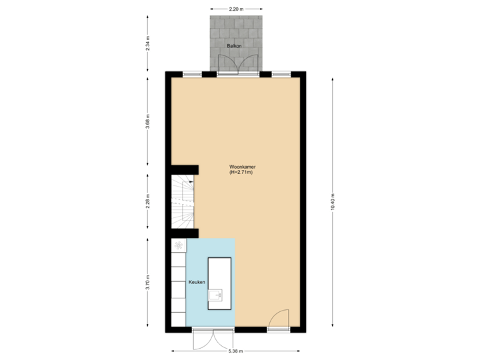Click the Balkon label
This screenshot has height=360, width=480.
233,46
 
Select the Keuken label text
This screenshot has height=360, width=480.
196,283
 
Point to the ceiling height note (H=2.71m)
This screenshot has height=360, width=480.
241,173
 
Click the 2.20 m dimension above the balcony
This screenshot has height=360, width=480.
235,9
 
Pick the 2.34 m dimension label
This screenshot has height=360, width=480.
148,44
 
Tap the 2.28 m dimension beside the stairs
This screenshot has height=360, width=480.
148,201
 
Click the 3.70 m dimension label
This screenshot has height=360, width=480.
148,283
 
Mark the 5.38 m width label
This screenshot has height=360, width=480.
236,351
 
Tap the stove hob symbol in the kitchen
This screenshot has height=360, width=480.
179,246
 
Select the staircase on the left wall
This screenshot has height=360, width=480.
183,201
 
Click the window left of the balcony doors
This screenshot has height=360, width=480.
193,73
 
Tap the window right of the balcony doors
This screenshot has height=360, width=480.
279,73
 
